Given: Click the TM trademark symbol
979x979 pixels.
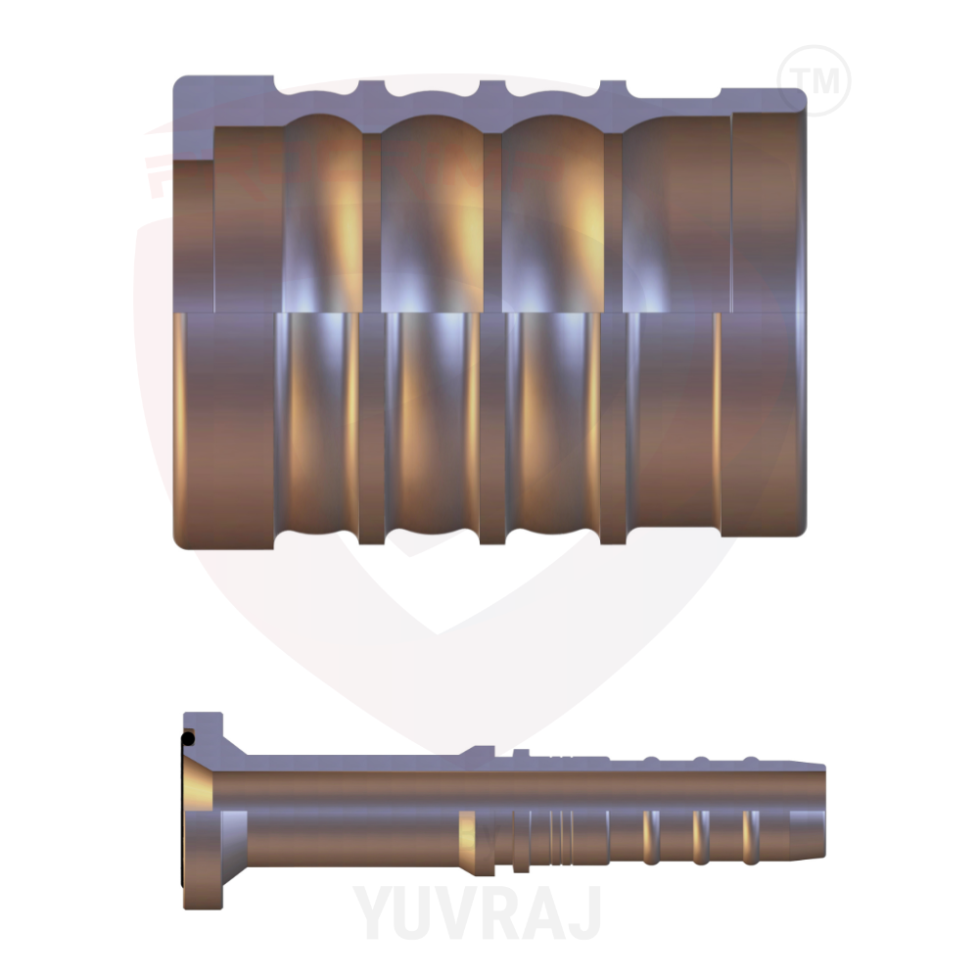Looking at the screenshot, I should click(814, 79).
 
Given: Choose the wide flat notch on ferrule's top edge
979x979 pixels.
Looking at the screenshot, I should click(675, 93).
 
